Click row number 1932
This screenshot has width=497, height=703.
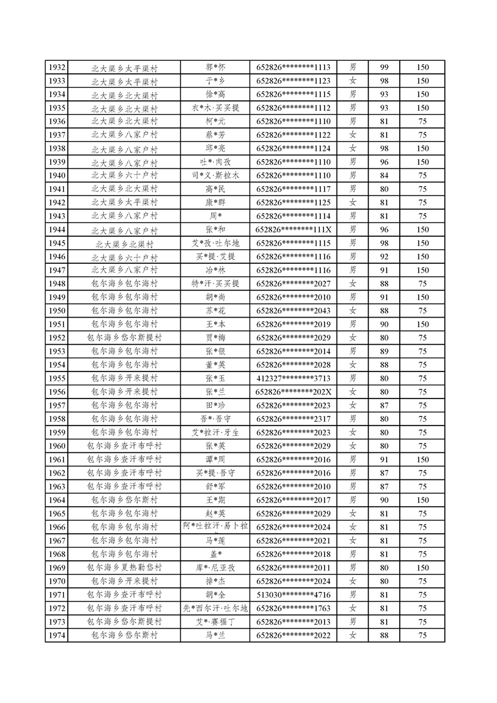[56, 67]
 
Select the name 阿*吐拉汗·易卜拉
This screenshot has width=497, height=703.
[216, 526]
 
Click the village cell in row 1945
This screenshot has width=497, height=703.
[124, 243]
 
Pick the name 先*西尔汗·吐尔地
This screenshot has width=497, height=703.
[216, 608]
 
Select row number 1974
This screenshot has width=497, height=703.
[56, 635]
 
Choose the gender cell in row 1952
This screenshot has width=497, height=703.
[353, 338]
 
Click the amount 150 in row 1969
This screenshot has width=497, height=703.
[422, 568]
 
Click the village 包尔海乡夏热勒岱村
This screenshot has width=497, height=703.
[124, 568]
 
